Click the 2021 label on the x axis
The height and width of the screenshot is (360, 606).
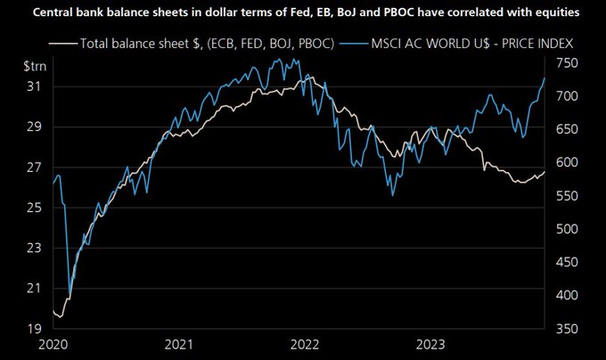tap(178, 345)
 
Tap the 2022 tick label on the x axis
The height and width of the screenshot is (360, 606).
tap(305, 345)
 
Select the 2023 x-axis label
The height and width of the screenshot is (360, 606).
tap(430, 345)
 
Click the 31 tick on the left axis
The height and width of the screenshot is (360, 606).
tap(33, 86)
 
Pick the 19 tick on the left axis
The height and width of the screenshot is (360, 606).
tap(33, 328)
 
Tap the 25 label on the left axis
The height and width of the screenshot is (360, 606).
tap(33, 208)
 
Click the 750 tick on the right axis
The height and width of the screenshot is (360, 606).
tap(569, 62)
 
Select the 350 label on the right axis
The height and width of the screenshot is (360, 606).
tap(569, 328)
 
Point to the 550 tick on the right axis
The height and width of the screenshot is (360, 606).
tap(569, 195)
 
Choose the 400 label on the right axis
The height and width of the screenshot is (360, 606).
tap(569, 295)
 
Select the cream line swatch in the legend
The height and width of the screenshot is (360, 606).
tap(63, 42)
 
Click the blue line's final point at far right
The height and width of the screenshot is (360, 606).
tap(545, 78)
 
